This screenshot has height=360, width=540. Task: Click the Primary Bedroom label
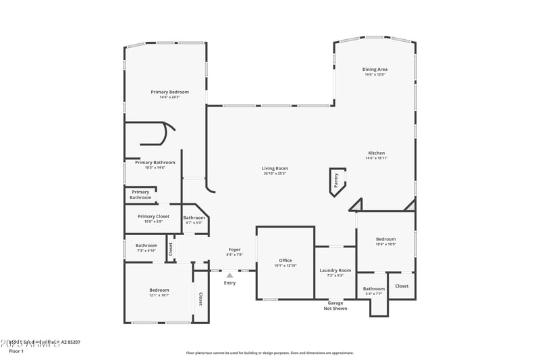tap(169, 92)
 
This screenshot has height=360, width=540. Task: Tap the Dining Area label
tap(375, 69)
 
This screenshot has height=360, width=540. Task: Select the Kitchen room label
tap(376, 153)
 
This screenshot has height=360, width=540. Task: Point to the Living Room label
tap(275, 168)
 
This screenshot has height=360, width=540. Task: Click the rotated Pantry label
tap(335, 180)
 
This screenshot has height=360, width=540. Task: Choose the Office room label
tap(286, 260)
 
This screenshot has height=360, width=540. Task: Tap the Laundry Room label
tap(335, 270)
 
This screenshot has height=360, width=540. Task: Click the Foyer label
tap(234, 250)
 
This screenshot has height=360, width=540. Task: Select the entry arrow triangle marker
tap(230, 275)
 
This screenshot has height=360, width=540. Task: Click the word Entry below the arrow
tap(230, 283)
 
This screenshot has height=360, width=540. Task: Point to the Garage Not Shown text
tap(335, 305)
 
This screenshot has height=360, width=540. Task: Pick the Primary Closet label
tap(153, 216)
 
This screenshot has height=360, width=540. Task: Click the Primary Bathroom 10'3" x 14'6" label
tap(155, 162)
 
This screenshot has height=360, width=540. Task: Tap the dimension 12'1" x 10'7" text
tap(159, 295)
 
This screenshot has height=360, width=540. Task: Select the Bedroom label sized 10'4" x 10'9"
tap(385, 239)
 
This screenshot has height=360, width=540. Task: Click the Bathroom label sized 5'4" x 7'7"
tap(373, 288)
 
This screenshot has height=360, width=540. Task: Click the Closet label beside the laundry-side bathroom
tap(402, 286)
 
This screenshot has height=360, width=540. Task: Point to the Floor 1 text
tap(16, 351)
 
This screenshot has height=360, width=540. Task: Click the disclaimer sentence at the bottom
tap(269, 353)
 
